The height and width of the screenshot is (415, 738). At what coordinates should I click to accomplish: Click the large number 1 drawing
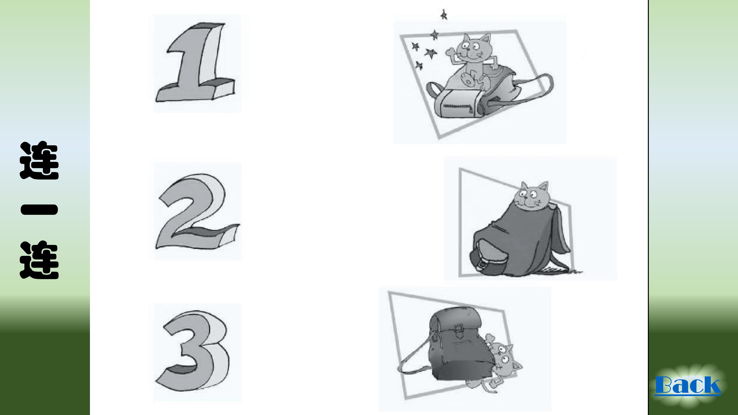point(196,63)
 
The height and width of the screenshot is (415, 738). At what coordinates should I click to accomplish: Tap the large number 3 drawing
point(195,352)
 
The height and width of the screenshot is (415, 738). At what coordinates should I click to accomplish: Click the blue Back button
point(688,385)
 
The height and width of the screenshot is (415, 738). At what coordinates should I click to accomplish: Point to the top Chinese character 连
point(39,160)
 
